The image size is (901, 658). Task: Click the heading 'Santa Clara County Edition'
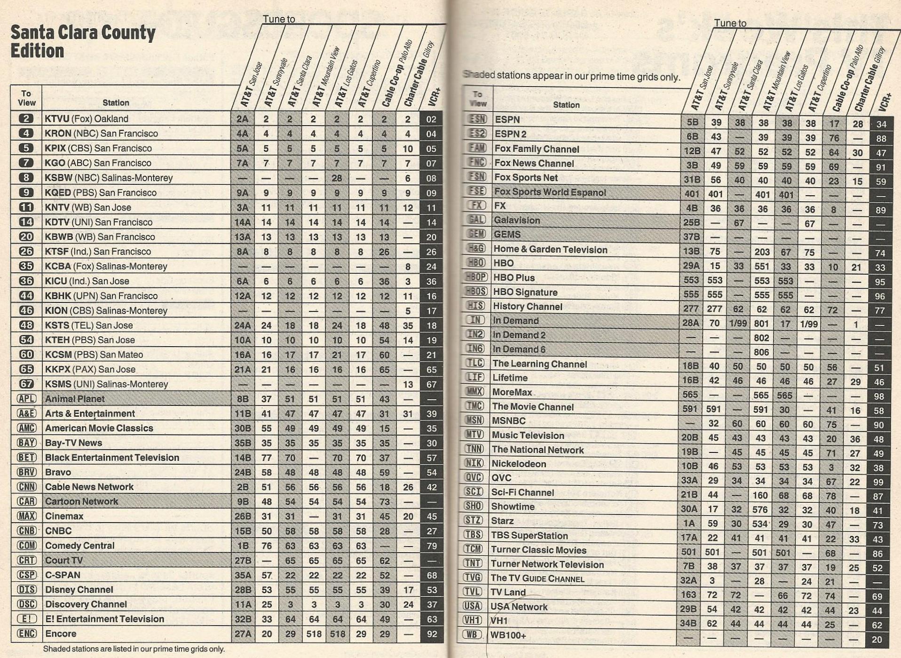click(x=83, y=41)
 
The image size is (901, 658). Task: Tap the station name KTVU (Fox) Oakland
click(x=86, y=119)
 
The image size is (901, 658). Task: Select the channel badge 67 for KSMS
click(x=26, y=384)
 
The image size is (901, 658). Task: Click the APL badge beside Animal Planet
click(x=26, y=399)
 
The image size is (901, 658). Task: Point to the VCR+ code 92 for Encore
click(x=432, y=634)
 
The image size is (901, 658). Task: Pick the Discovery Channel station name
click(x=86, y=604)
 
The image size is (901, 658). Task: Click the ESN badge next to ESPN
click(x=477, y=119)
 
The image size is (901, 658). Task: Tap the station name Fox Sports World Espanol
click(x=550, y=192)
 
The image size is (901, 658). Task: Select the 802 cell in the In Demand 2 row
click(x=761, y=338)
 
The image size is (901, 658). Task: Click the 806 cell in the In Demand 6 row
click(x=761, y=352)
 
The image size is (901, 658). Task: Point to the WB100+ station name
click(x=508, y=635)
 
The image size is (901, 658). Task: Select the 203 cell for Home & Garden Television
click(x=762, y=252)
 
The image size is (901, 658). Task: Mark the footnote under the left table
click(x=134, y=649)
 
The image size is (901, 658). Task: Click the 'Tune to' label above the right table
click(x=730, y=23)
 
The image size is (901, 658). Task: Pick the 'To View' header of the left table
click(x=26, y=98)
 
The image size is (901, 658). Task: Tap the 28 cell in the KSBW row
click(x=337, y=178)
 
